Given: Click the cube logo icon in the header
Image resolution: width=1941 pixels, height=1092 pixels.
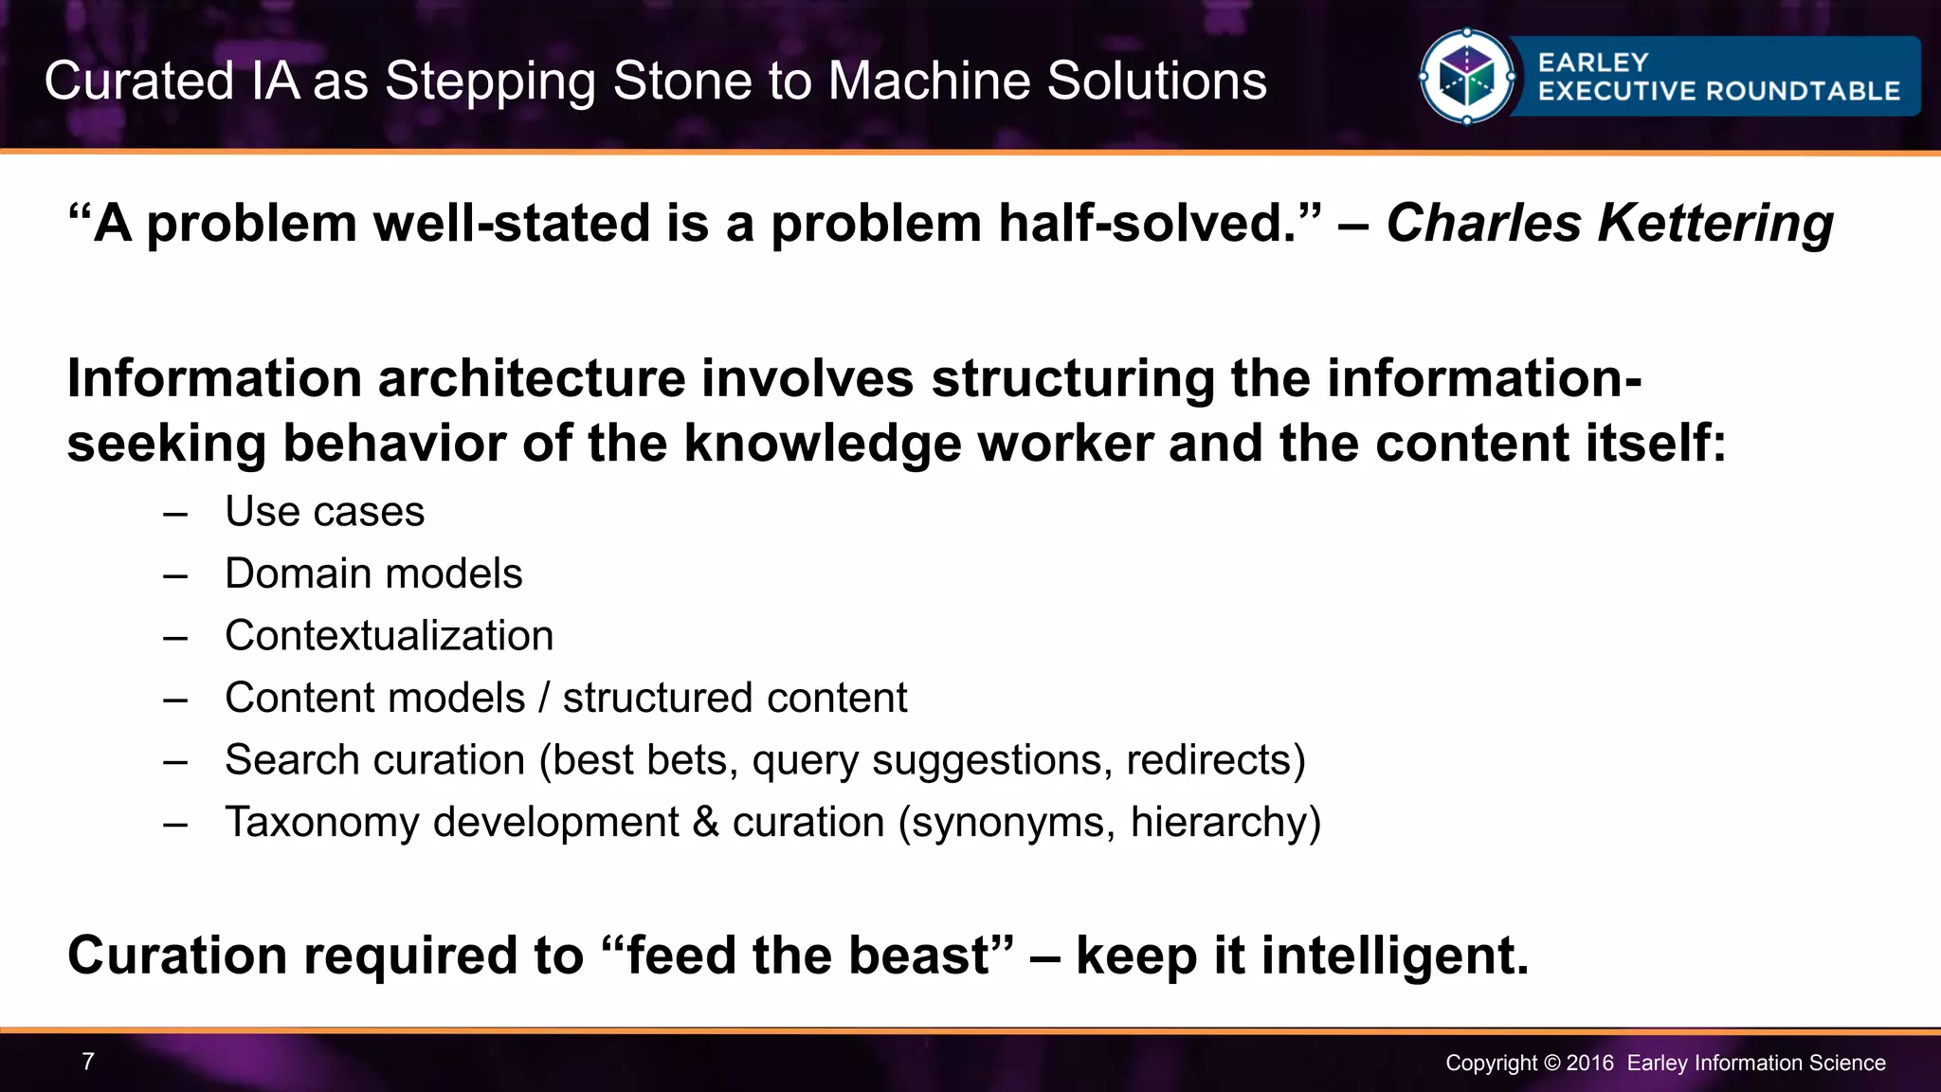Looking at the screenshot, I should coord(1466,77).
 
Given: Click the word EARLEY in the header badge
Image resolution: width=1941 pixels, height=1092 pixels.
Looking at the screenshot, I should coord(1593,63).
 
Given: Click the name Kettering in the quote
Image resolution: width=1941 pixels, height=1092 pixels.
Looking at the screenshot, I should coord(1715,224).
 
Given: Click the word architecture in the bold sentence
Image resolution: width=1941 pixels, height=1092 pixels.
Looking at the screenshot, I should coord(531,379).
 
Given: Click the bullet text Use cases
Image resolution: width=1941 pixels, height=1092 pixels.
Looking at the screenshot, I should coord(324,512).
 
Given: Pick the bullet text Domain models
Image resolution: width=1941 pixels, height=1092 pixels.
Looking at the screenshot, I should coord(373,573).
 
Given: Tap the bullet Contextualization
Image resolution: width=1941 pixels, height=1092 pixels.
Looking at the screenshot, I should coord(389,636).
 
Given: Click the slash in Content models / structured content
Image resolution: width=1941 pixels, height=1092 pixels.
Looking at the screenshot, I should coord(544,699).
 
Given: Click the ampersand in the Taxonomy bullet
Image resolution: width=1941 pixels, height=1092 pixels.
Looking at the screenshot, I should coord(705,822).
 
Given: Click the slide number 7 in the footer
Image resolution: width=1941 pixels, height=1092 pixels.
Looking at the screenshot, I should coord(88,1062).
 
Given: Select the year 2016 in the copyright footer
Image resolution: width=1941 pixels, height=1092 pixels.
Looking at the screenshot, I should coord(1589,1064).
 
